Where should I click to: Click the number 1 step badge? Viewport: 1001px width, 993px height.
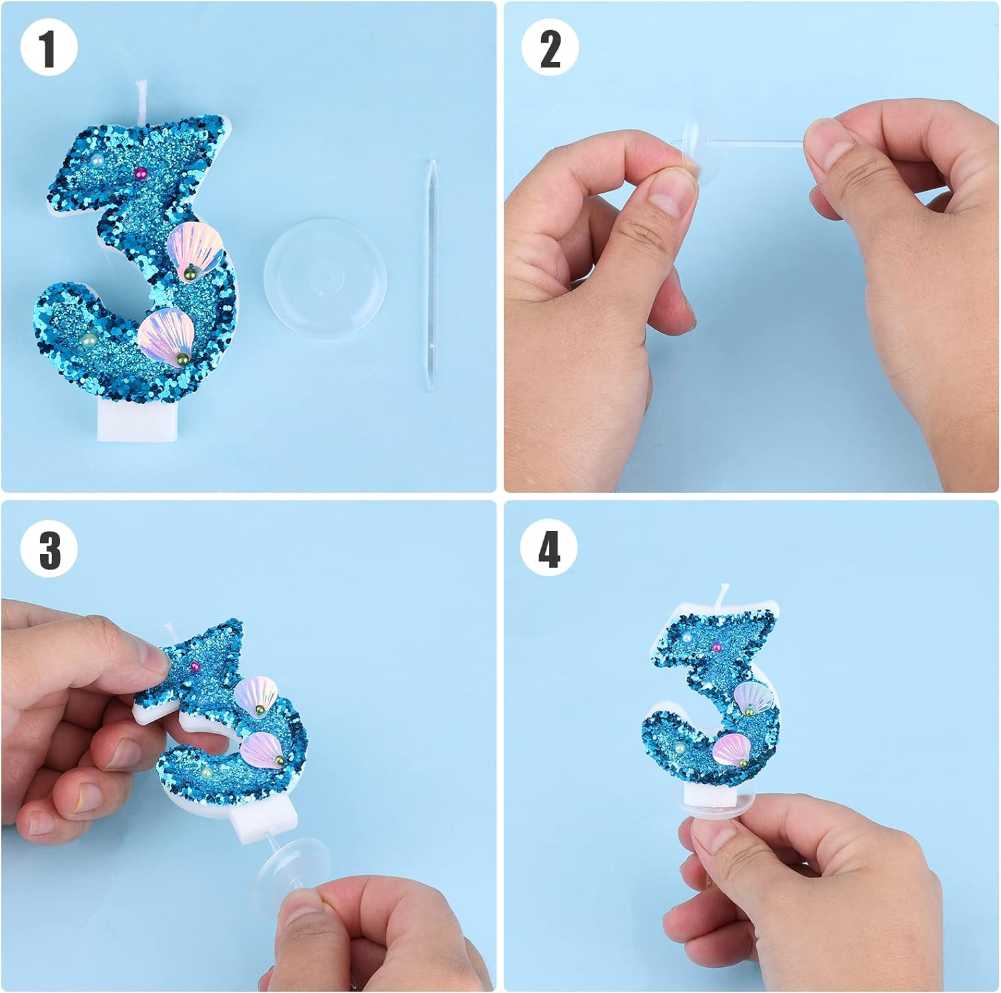(49, 48)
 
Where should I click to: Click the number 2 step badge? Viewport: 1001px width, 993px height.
(550, 48)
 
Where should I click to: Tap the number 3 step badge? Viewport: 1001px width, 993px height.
(49, 550)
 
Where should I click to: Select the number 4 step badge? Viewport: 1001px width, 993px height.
(550, 550)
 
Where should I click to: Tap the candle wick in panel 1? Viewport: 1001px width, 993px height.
(142, 100)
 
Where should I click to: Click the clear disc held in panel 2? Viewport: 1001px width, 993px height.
(701, 143)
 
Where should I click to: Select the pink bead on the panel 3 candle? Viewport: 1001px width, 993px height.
(196, 667)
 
